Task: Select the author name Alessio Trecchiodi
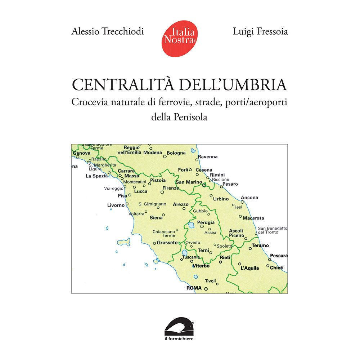[x=108, y=31]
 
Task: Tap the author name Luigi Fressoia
[x=260, y=32]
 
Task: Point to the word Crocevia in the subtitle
[x=89, y=102]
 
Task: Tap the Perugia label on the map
[x=206, y=222]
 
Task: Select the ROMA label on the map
[x=193, y=288]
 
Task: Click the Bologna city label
[x=176, y=153]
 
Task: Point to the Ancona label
[x=249, y=198]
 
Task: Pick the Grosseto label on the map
[x=167, y=243]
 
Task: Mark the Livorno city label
[x=116, y=205]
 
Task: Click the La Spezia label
[x=96, y=176]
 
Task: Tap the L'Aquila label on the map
[x=249, y=268]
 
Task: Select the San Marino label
[x=189, y=182]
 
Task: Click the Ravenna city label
[x=208, y=157]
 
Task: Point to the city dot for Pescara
[x=269, y=259]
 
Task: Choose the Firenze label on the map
[x=171, y=188]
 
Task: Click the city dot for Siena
[x=163, y=215]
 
